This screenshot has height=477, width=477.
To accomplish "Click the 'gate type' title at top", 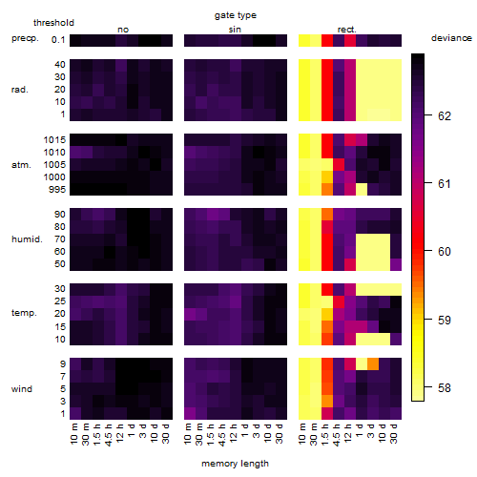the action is [236, 15].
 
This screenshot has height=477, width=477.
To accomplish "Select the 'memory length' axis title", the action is [235, 464].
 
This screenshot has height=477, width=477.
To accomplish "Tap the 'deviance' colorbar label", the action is [451, 38].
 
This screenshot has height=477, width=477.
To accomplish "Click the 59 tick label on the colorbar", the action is [445, 320].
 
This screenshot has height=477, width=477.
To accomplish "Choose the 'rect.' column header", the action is [347, 30].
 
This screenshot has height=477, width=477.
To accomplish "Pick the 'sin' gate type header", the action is [235, 30].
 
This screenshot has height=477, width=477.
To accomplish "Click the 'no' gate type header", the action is [123, 30].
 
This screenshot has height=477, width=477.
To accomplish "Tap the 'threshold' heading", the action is [53, 23].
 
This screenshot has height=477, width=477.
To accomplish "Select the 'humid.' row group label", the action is [27, 239].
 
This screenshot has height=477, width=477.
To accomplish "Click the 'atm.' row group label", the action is [21, 165].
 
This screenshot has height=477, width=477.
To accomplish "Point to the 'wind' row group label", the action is [22, 389].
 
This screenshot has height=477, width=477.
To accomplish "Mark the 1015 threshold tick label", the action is [54, 140].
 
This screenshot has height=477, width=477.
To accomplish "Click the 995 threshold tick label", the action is [57, 190].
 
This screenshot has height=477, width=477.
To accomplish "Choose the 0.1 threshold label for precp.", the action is [58, 40].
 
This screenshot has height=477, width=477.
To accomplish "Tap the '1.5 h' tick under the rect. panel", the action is [325, 433].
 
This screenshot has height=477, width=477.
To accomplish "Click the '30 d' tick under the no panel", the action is [166, 433].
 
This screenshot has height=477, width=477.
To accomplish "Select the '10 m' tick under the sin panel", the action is [188, 433].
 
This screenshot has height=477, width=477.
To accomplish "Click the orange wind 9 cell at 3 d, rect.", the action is [373, 364].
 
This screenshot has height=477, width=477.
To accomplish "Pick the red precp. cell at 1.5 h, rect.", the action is [327, 40].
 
